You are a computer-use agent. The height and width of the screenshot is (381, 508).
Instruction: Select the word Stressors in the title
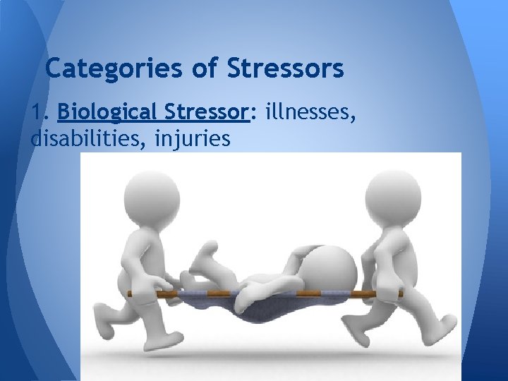click(x=286, y=68)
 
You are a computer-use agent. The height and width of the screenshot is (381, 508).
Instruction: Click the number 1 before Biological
click(x=37, y=112)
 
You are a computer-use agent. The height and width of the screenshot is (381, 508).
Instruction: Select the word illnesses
click(x=310, y=112)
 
